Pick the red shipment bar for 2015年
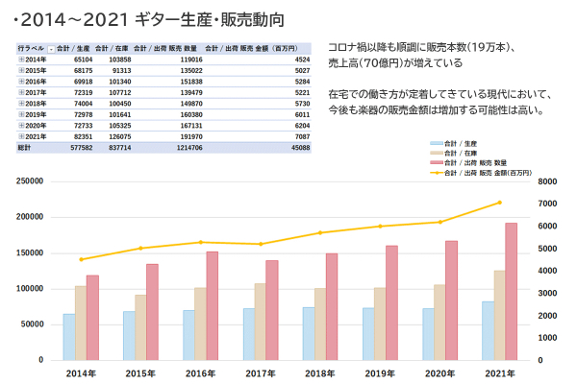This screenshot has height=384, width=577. click(x=152, y=312)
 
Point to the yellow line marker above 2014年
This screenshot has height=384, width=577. click(x=81, y=259)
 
